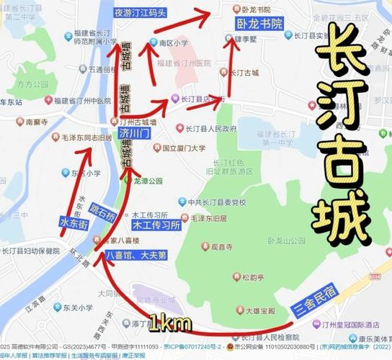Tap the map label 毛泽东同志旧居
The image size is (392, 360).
click(x=85, y=137)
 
